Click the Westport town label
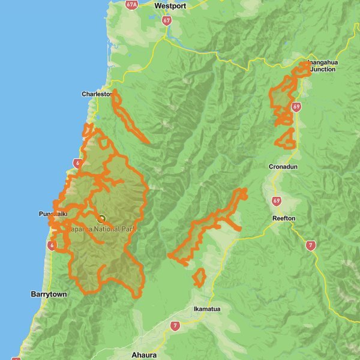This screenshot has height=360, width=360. (170, 5)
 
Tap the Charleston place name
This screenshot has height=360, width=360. (97, 94)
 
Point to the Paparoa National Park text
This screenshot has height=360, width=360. (101, 229)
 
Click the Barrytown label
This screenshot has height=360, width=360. (49, 294)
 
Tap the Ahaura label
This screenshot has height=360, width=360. (144, 355)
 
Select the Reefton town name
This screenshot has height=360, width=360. (283, 218)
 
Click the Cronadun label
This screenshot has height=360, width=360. (283, 166)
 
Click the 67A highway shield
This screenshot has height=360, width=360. (132, 4)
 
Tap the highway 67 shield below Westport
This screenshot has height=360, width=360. (166, 20)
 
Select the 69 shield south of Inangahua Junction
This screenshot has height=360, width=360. (296, 107)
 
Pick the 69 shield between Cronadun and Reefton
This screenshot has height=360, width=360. (276, 200)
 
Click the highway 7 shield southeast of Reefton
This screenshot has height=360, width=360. (310, 245)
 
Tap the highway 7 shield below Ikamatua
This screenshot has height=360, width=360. (175, 326)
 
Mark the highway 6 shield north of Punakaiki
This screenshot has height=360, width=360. (77, 163)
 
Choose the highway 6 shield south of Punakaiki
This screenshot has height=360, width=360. (53, 245)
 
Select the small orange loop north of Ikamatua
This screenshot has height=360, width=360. (199, 277)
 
